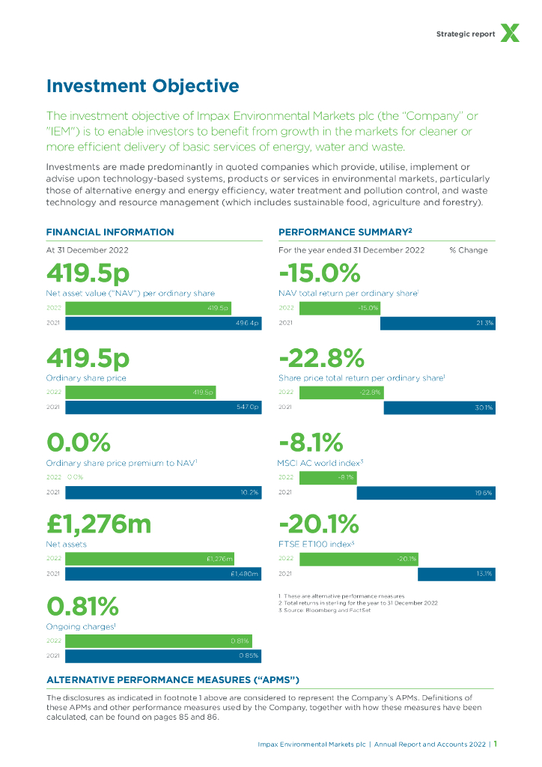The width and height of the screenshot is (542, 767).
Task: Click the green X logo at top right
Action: [510, 33]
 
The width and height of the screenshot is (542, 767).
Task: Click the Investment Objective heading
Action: [142, 86]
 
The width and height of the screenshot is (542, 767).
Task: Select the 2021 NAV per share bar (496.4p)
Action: [163, 324]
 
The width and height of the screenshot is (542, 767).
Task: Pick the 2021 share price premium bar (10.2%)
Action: [163, 492]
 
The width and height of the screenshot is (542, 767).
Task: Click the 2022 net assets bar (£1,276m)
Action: [150, 559]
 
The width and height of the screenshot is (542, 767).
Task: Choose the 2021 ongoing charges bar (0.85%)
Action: [163, 656]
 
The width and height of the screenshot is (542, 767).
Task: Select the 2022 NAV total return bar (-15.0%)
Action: [340, 308]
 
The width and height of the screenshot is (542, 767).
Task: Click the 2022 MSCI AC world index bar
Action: [328, 476]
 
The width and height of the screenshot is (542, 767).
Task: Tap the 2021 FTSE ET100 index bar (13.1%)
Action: [457, 575]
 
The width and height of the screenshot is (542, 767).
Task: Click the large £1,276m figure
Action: [99, 524]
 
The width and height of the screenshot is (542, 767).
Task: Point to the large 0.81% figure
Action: [82, 606]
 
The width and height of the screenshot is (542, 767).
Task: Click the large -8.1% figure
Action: [311, 442]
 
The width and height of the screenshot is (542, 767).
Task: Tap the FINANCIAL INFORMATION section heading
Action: [110, 232]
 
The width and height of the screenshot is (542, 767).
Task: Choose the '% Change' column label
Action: [468, 250]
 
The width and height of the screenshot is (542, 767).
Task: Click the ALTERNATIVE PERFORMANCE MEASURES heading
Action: [173, 679]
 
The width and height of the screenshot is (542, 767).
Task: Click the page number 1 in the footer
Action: [496, 745]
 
